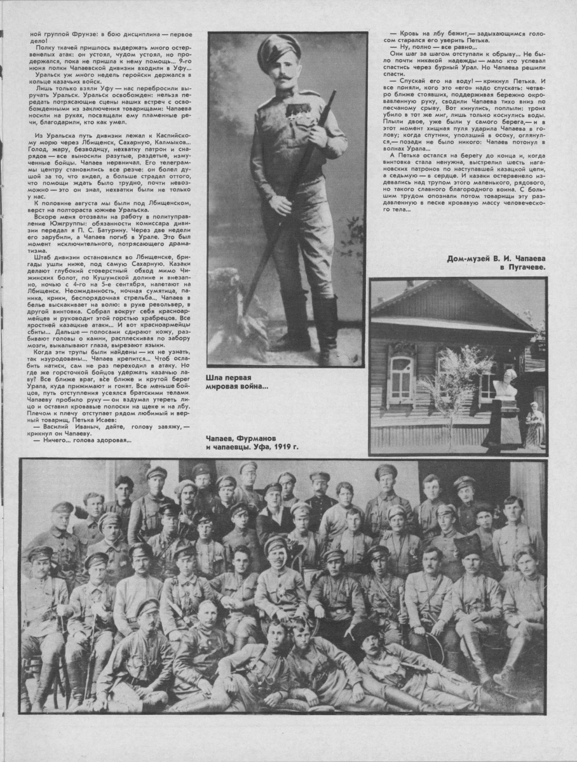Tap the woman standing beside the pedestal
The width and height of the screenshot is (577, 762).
(534, 425)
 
